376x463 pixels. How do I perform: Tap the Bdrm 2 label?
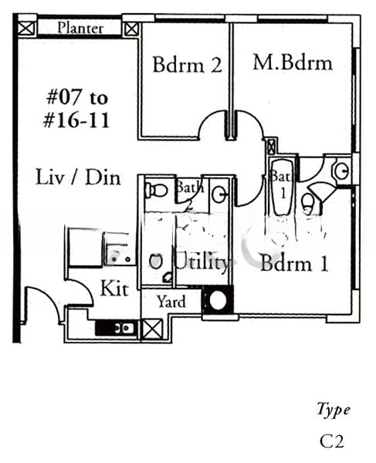(x=187, y=64)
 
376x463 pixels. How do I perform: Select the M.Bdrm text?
(x=292, y=63)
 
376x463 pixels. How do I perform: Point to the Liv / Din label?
(x=78, y=177)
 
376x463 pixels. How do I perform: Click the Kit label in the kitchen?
(x=114, y=289)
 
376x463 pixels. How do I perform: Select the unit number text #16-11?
(x=78, y=121)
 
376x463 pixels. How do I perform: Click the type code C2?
(x=331, y=441)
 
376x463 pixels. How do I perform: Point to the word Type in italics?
(x=334, y=409)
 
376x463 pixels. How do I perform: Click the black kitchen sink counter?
(x=117, y=328)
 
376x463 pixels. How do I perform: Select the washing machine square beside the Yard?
(x=218, y=300)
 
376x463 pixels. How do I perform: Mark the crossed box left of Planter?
(x=25, y=29)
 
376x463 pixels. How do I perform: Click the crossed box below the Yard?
(x=151, y=329)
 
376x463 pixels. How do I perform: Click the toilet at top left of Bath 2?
(x=157, y=189)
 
